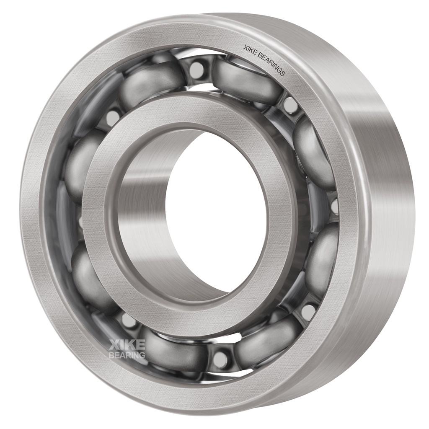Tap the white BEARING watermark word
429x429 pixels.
coord(127,355)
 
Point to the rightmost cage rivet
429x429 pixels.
coord(334,207)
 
